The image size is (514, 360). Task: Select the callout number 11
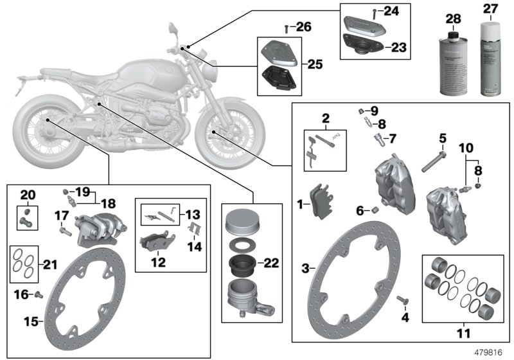coord(463,334)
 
